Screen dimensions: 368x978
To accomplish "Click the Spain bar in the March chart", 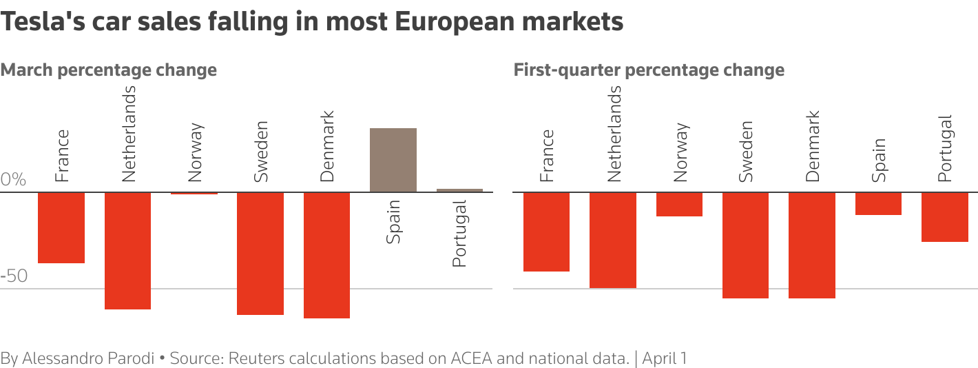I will (393, 160).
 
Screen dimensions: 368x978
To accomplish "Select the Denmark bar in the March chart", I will (326, 255).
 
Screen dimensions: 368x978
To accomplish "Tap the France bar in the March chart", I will (61, 227).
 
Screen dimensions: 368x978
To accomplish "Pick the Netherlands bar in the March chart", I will (127, 251).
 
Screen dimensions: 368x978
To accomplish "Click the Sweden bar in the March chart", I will (260, 254).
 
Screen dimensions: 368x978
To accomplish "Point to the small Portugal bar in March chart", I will (459, 190).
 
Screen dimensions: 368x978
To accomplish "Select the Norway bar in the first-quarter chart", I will (679, 205).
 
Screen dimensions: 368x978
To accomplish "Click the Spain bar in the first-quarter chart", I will (878, 204).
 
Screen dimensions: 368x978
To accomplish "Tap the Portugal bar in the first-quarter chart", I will (945, 217).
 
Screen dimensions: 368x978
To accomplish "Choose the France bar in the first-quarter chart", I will (546, 232).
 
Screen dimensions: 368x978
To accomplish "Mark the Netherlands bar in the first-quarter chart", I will (613, 240).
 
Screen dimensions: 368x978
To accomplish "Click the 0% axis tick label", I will (13, 181).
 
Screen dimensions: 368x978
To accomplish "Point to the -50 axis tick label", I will (14, 276).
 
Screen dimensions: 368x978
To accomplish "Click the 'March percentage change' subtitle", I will (109, 70).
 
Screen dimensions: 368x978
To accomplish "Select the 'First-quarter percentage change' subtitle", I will (649, 70).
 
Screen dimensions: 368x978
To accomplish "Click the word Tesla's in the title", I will (42, 22).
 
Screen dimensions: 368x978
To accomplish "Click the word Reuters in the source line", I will (254, 358).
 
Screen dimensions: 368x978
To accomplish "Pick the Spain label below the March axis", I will (393, 222).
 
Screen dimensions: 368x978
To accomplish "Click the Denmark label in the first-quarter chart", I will (813, 146).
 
